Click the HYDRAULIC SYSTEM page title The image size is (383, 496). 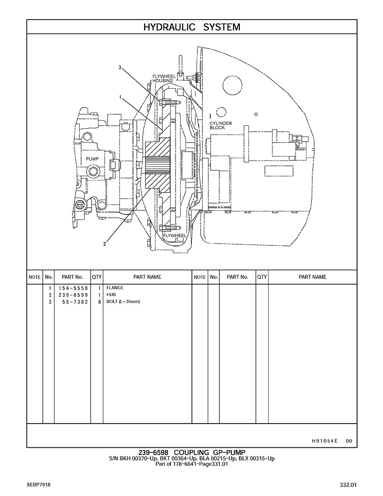[x=191, y=27]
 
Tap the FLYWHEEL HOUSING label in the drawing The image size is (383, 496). [x=163, y=78]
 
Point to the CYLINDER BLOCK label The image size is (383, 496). [x=221, y=126]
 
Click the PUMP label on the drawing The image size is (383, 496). [x=93, y=159]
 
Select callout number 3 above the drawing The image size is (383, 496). [x=120, y=67]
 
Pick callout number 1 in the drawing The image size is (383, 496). [x=120, y=97]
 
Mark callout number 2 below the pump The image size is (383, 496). [x=104, y=244]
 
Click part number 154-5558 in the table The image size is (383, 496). [x=72, y=288]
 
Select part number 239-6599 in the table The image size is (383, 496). [x=72, y=295]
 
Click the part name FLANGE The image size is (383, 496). [x=115, y=288]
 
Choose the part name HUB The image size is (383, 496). [x=111, y=295]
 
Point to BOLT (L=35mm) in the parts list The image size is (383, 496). [x=123, y=302]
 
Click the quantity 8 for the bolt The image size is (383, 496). [x=99, y=302]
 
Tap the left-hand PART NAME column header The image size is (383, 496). [x=147, y=277]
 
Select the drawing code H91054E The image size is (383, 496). [x=325, y=441]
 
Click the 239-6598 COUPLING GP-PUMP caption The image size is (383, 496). [x=191, y=452]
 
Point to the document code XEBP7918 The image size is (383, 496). [x=38, y=485]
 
